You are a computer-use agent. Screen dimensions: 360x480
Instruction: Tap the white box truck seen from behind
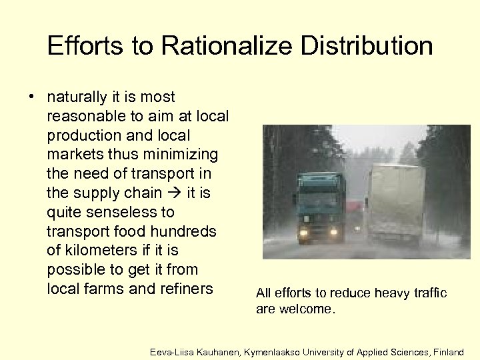pyautogui.click(x=393, y=203)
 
